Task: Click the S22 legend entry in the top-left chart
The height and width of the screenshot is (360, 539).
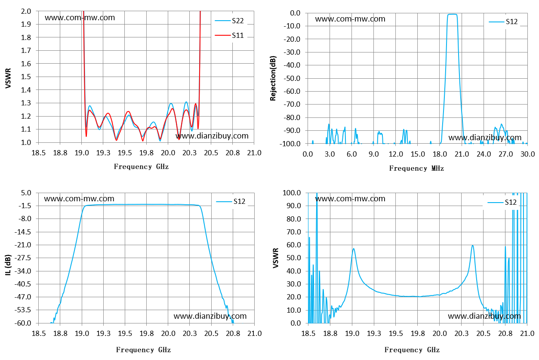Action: click(x=229, y=21)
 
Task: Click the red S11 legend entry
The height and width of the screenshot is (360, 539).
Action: click(x=229, y=36)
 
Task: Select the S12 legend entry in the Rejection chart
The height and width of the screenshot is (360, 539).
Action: click(x=503, y=22)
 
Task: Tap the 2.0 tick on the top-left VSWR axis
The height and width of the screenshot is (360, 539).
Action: click(x=26, y=11)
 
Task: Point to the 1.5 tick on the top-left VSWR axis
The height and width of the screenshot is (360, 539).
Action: click(x=26, y=77)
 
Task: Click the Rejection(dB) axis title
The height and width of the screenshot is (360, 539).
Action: click(x=273, y=78)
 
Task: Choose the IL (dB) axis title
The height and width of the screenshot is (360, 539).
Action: click(x=8, y=265)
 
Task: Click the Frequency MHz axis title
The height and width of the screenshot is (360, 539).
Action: click(x=416, y=168)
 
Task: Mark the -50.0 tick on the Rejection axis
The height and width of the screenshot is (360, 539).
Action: click(x=292, y=78)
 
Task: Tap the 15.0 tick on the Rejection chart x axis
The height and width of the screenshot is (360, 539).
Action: click(x=418, y=154)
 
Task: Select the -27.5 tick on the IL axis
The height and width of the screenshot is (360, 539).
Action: click(x=23, y=258)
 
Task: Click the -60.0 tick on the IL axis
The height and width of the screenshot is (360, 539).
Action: click(x=23, y=323)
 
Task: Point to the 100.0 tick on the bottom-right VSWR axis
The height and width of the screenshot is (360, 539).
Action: click(x=292, y=193)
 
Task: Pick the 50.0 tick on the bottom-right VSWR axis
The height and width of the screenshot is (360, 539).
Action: click(x=293, y=258)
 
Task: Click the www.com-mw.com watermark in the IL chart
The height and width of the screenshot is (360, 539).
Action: click(x=79, y=199)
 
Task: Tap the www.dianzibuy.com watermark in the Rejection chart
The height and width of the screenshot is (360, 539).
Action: click(x=485, y=138)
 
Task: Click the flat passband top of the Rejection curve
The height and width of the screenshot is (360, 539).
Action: click(x=453, y=15)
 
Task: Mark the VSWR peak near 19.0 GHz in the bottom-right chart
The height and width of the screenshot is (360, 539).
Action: click(x=354, y=249)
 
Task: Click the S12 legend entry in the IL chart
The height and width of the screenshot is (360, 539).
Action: click(x=231, y=202)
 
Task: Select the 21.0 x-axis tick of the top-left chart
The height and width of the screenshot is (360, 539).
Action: click(x=254, y=153)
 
